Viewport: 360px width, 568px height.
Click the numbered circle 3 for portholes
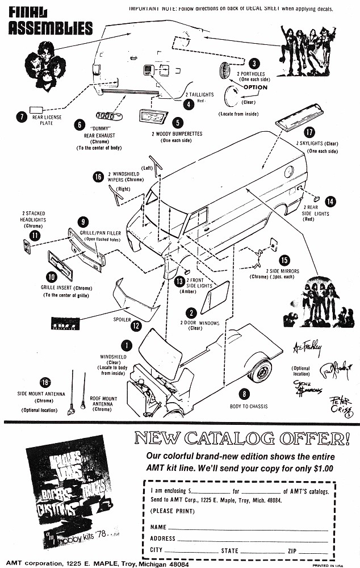pos(255,63)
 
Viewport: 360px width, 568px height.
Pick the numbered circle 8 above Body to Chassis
pos(244,393)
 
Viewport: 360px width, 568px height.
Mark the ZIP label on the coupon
pos(292,550)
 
